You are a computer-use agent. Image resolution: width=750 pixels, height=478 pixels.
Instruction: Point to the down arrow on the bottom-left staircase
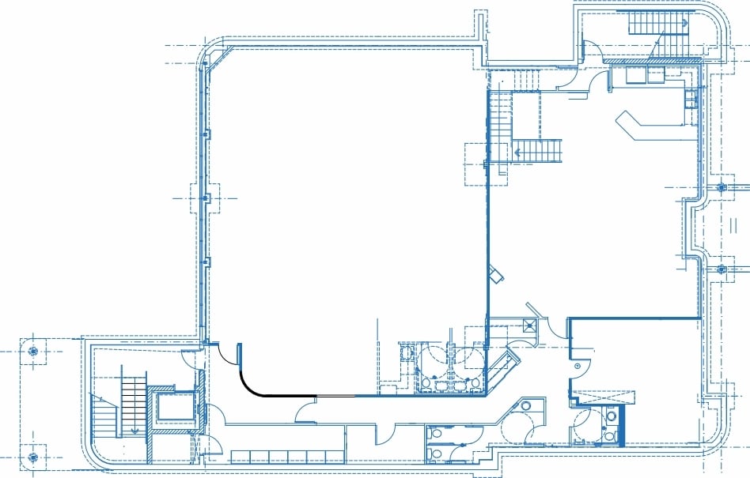pyautogui.click(x=135, y=431)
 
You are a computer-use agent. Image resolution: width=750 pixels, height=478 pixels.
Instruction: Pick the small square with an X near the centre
pyautogui.click(x=528, y=325)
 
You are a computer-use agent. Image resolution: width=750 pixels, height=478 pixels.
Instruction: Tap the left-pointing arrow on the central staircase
pyautogui.click(x=520, y=150)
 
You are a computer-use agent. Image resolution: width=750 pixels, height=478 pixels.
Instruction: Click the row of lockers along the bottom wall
pyautogui.click(x=287, y=457)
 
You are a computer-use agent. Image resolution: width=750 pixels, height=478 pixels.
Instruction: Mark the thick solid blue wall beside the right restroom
pyautogui.click(x=622, y=427)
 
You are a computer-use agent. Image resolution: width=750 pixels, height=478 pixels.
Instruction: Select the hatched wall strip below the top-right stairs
pyautogui.click(x=653, y=61)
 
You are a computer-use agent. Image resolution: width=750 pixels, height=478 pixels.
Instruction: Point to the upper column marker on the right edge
pyautogui.click(x=722, y=187)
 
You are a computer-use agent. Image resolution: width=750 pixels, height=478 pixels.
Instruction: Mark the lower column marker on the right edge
pyautogui.click(x=722, y=269)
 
